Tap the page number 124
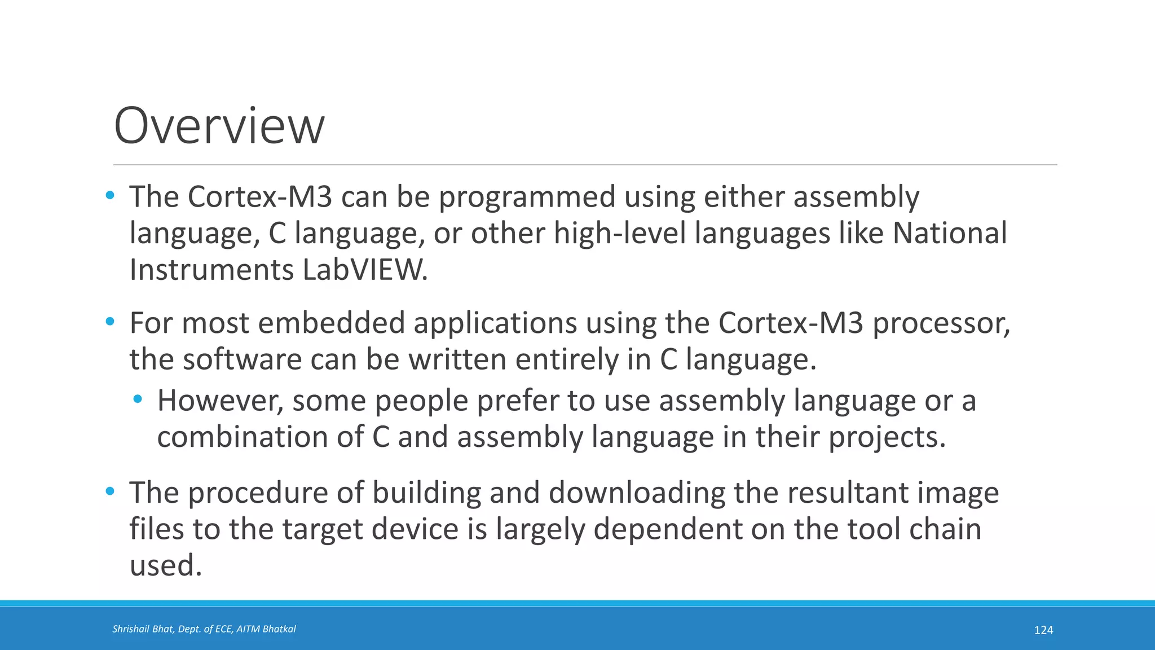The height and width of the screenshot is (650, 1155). point(1043,630)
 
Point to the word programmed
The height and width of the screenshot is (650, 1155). point(527,197)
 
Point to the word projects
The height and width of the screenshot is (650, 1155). point(887,437)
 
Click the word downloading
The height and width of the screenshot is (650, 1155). point(637,493)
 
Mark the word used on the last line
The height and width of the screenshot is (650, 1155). point(165,565)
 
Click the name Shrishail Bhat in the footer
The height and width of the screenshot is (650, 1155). point(144,629)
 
